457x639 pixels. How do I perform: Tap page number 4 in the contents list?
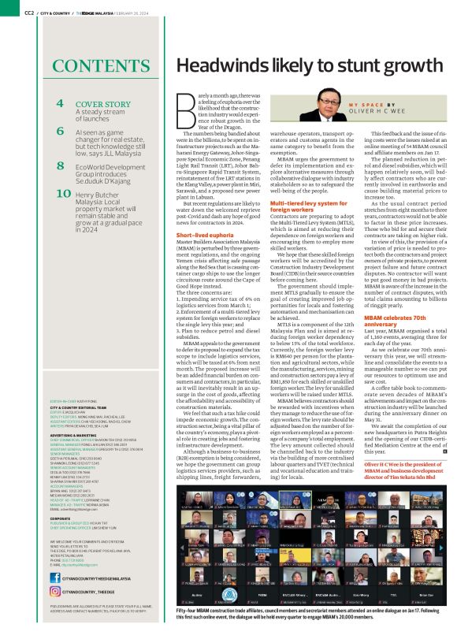coord(60,104)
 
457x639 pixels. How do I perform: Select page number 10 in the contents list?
coord(61,193)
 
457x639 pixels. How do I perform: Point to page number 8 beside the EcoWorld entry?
coord(60,167)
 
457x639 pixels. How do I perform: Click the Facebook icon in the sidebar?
coord(57,579)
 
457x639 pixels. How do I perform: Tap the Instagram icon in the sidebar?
coord(57,590)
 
